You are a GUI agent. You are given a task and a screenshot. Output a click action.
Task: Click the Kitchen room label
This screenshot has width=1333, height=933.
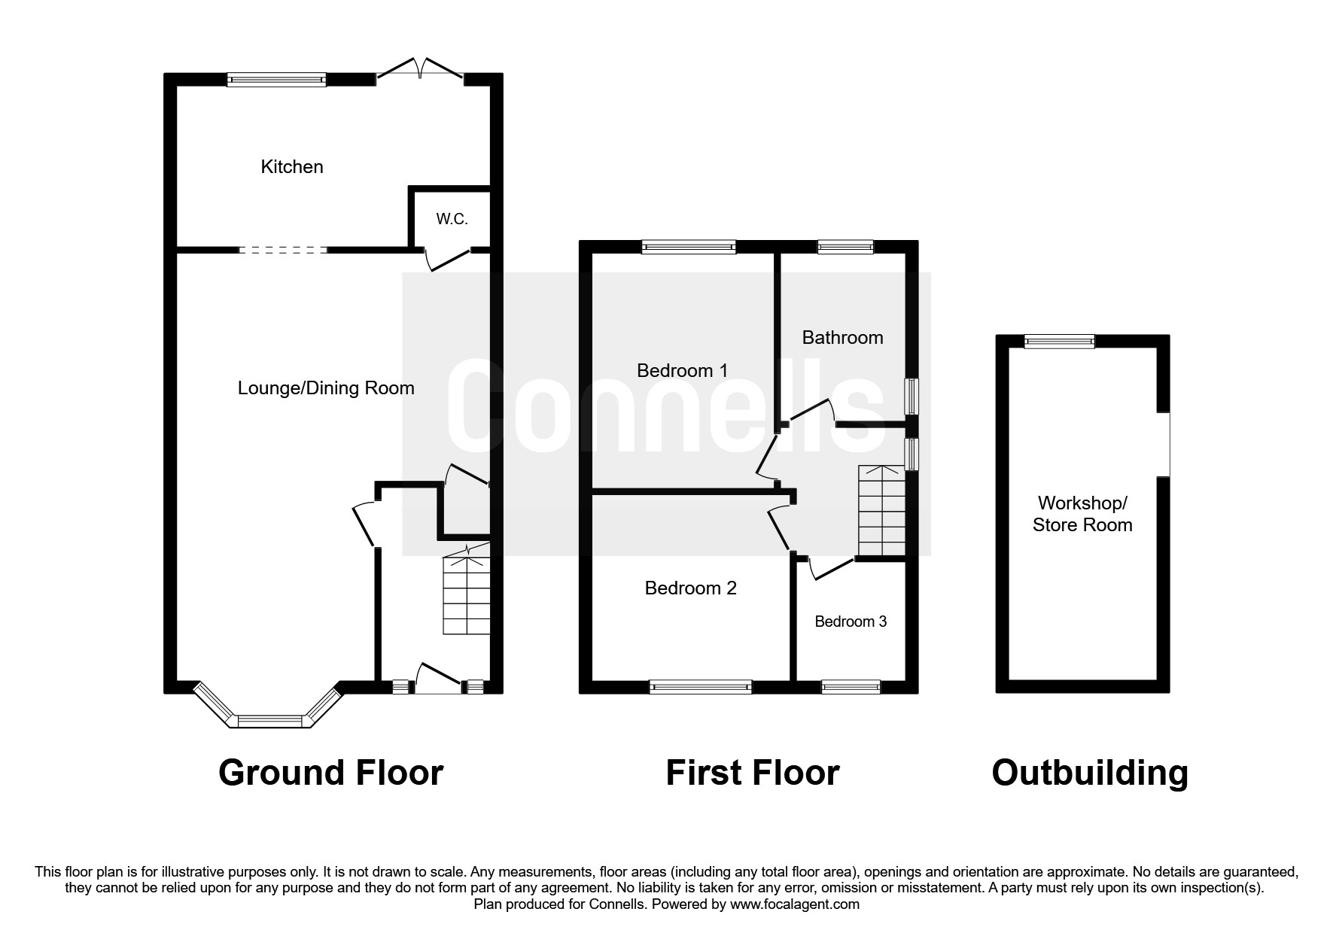click(x=292, y=167)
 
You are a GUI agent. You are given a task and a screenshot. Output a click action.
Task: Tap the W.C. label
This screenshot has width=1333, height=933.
click(x=452, y=219)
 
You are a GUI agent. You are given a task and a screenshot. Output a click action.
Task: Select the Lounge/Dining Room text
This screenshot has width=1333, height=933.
click(x=326, y=388)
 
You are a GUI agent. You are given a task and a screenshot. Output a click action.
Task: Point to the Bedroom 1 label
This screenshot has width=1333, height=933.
click(x=682, y=370)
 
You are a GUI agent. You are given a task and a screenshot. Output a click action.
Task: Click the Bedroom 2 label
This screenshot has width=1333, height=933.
click(x=690, y=588)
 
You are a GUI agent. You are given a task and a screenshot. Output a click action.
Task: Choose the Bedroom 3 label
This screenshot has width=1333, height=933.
click(x=851, y=621)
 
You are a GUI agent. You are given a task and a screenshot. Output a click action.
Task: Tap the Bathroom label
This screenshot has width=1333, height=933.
click(x=842, y=337)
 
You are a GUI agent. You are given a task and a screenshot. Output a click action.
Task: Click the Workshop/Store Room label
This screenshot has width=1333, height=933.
click(x=1082, y=514)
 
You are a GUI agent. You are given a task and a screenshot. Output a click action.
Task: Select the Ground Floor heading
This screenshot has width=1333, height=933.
click(x=330, y=773)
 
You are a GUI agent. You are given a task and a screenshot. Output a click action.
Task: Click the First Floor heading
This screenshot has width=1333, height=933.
click(x=752, y=773)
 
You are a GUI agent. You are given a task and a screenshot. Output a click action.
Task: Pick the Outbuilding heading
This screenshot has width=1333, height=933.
click(x=1089, y=773)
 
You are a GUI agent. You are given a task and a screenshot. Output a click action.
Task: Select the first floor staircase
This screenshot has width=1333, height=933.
click(x=881, y=512)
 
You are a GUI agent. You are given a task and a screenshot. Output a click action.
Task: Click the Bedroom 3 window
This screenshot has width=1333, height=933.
click(x=851, y=686)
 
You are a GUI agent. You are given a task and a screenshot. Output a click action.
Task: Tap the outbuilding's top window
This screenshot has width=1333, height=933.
click(x=1059, y=342)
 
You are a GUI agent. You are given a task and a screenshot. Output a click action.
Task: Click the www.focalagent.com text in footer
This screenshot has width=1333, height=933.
click(x=794, y=904)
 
